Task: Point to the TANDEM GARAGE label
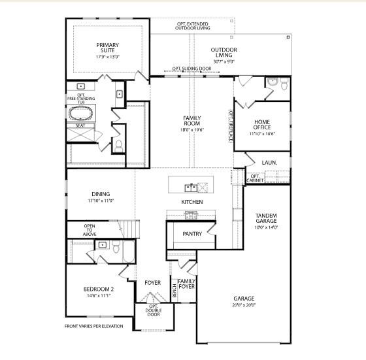266,218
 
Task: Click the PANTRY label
191,233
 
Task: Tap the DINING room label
101,194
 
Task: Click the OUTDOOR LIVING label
224,52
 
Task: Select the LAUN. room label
269,161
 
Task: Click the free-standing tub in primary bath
82,112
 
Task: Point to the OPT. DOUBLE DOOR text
154,310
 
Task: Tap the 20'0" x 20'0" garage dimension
244,304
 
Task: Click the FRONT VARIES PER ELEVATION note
93,326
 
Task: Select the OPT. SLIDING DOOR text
191,68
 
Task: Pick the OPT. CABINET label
256,178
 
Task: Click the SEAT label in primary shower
80,125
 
